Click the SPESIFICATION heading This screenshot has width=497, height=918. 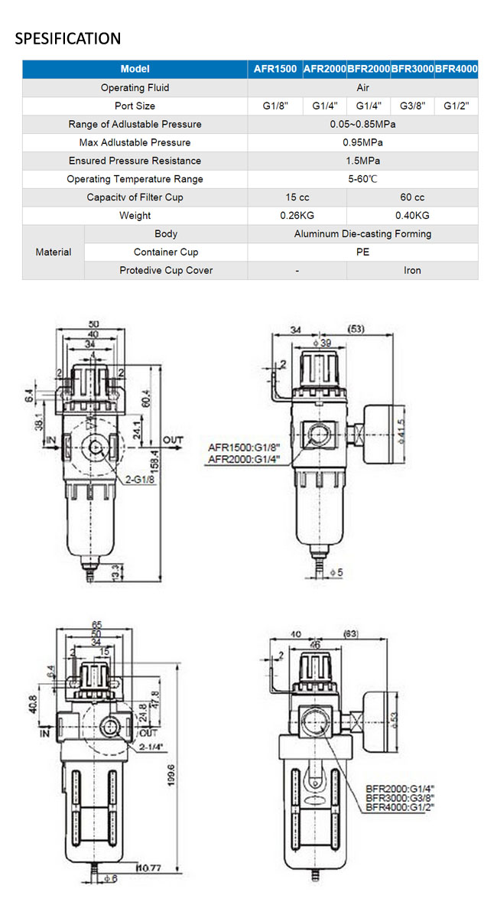click(68, 38)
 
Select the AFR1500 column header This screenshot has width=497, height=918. click(275, 69)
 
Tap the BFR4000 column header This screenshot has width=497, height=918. click(456, 69)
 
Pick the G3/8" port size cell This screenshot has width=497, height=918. click(412, 106)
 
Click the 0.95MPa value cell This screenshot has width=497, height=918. click(362, 142)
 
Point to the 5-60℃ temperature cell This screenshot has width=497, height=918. click(362, 179)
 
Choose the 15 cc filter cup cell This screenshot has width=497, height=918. click(297, 197)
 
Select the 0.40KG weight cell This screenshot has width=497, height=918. click(412, 216)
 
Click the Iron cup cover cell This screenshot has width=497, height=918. click(412, 270)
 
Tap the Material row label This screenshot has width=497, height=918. click(54, 252)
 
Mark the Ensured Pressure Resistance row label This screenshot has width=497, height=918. click(135, 161)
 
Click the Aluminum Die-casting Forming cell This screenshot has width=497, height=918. click(362, 234)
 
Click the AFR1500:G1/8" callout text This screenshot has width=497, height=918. click(244, 448)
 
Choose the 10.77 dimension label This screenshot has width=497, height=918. click(151, 867)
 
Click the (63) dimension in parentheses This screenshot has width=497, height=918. click(351, 634)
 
